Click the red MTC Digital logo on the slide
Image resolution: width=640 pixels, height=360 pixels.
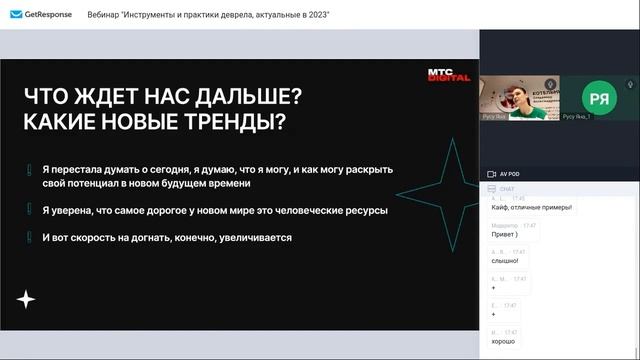[x=441, y=75]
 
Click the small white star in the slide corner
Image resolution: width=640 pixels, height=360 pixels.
[x=27, y=300]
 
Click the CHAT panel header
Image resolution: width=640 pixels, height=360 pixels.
[x=506, y=188]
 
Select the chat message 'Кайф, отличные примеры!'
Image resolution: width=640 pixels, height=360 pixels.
[x=532, y=208]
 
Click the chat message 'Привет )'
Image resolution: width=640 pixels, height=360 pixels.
[x=506, y=235]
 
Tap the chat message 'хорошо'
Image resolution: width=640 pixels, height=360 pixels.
[x=504, y=342]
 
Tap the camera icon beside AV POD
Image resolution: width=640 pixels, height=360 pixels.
[x=491, y=174]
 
